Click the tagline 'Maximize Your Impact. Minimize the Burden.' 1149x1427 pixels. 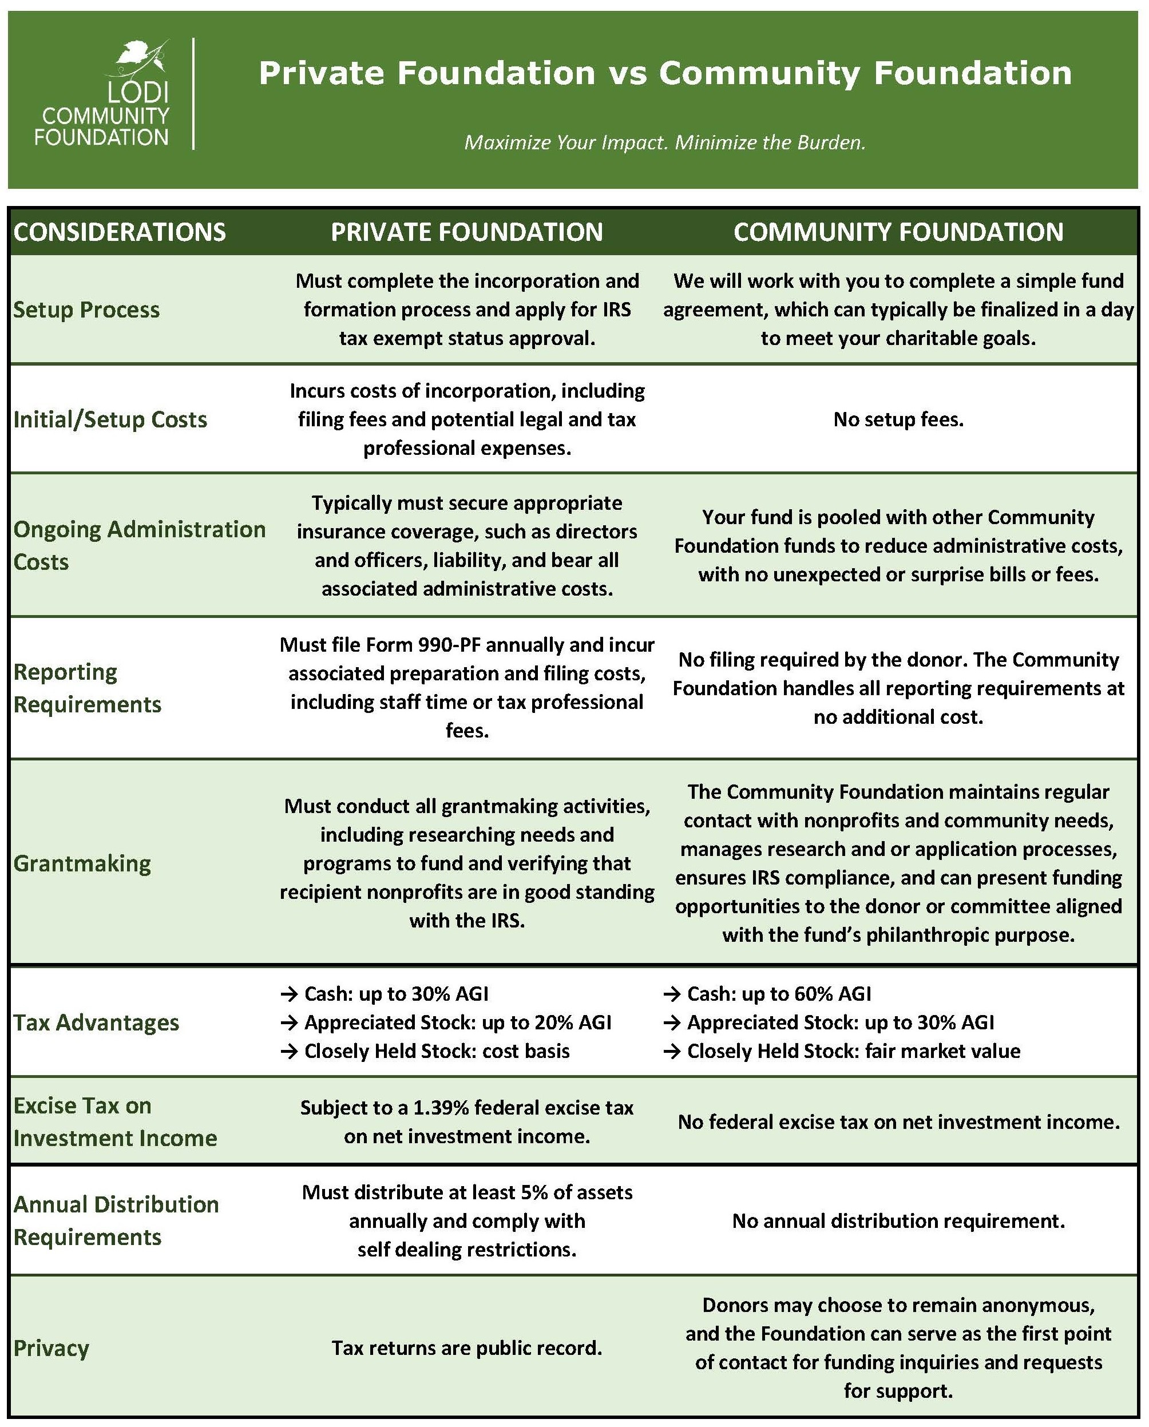pos(665,142)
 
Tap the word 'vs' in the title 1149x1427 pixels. pos(627,73)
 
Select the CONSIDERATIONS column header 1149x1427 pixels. pos(120,232)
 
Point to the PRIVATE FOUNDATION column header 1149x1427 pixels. pos(466,232)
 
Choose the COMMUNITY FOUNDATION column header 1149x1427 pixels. pos(898,232)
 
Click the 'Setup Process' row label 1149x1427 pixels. pos(87,310)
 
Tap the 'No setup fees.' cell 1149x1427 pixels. pos(898,419)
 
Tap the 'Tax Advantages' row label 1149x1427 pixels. pos(97,1022)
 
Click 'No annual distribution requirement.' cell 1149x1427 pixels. pos(898,1221)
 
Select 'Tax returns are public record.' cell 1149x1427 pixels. pos(466,1348)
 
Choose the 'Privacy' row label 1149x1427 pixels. pos(51,1348)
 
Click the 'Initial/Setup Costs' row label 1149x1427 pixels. pos(110,419)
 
